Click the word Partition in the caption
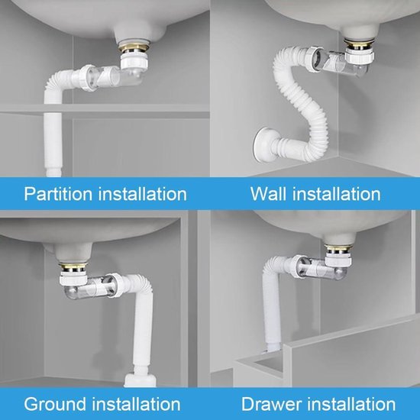58,194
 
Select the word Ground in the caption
56,404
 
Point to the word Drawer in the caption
272,404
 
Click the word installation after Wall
337,194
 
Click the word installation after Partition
143,194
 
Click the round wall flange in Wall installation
263,144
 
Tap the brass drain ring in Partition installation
134,47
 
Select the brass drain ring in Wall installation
359,44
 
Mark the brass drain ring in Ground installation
73,267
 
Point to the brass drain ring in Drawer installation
338,249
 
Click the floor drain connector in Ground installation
140,380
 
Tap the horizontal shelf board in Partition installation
105,109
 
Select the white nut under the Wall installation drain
359,56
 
